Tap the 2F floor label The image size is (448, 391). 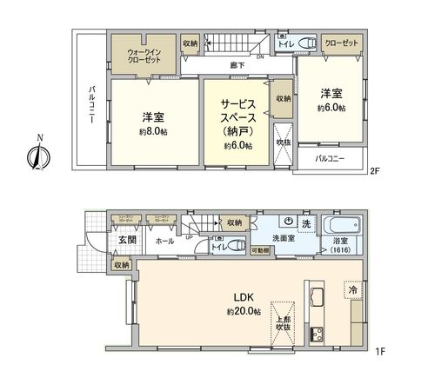point(376,171)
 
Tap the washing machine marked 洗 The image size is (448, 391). point(304,224)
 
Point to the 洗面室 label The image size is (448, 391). point(283,237)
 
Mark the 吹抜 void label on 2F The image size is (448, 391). point(283,141)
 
